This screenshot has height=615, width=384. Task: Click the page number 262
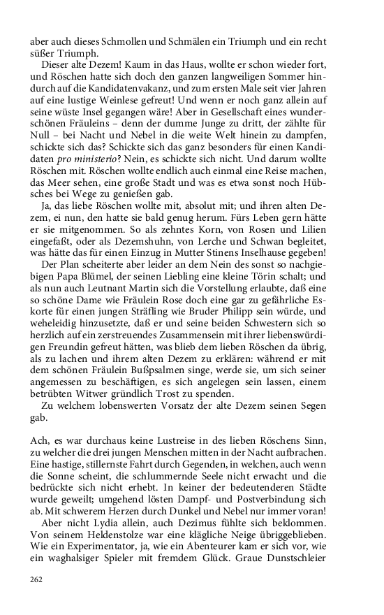click(x=37, y=579)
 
